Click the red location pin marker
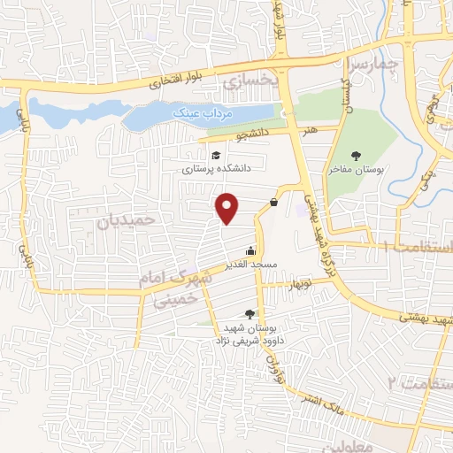228,207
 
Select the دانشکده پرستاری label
218,166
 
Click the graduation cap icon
216,156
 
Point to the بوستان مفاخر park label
356,168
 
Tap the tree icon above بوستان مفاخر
356,156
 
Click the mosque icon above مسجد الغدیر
252,251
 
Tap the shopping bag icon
273,203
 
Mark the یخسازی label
250,81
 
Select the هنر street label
311,130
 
